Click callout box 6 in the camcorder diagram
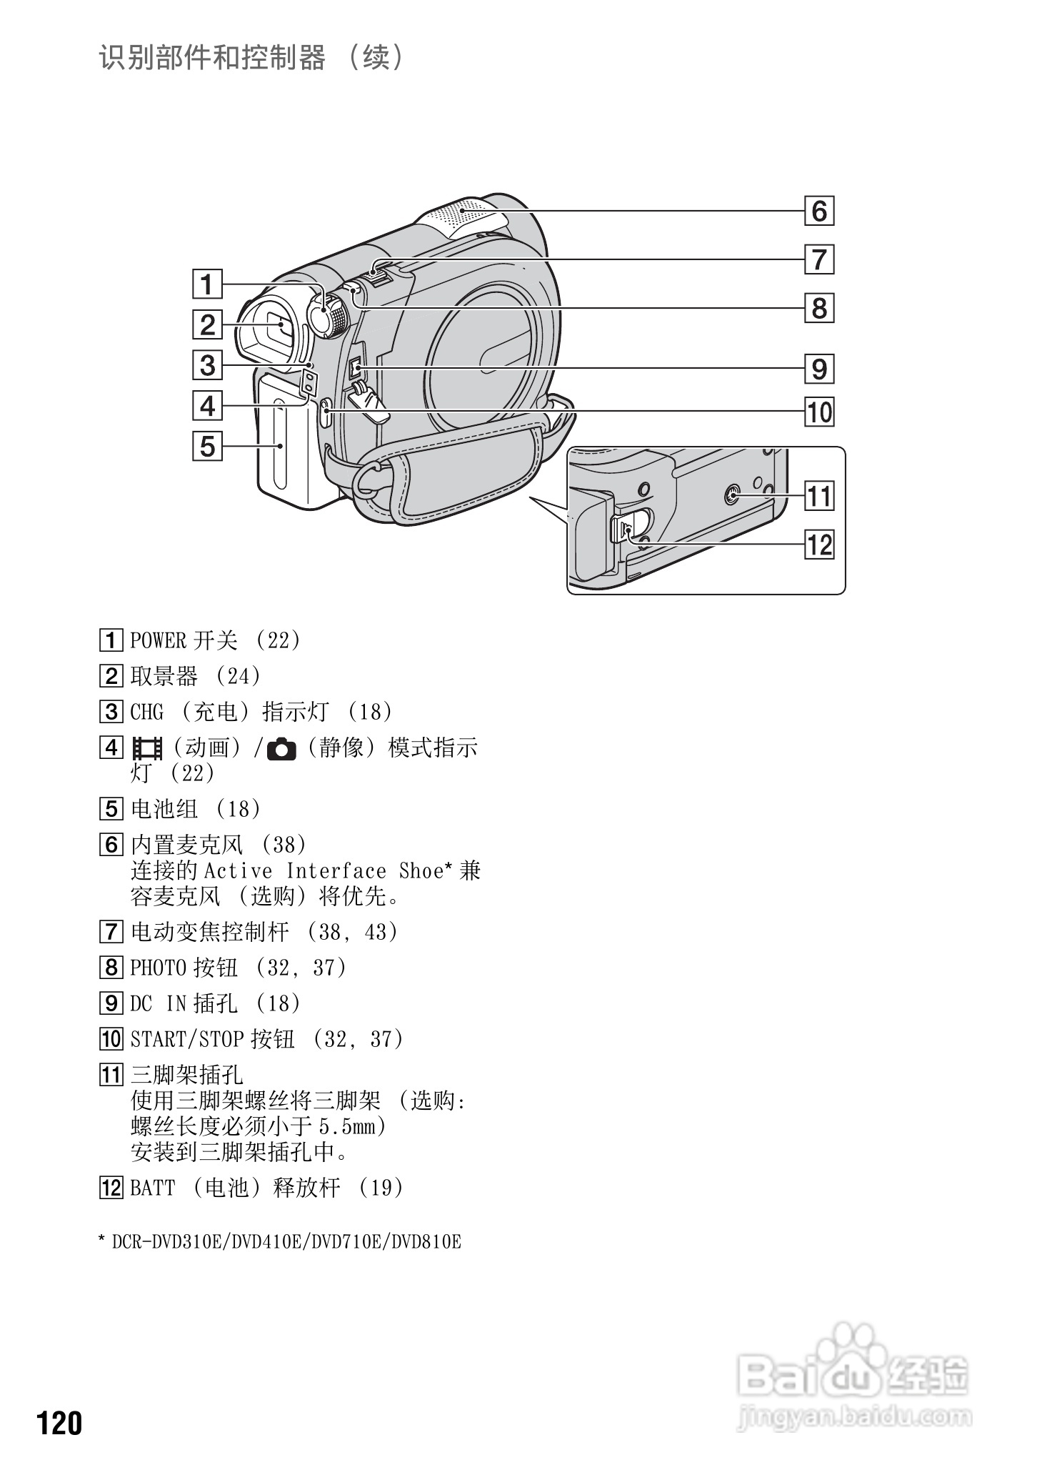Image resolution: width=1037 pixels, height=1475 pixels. (x=819, y=211)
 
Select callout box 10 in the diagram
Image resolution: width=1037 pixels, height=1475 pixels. (x=819, y=412)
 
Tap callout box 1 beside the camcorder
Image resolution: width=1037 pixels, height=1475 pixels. (x=207, y=284)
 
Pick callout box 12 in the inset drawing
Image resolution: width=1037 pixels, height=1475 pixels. (x=819, y=545)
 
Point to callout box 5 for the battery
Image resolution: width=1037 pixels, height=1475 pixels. (x=207, y=447)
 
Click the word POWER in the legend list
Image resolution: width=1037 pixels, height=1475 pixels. (x=157, y=640)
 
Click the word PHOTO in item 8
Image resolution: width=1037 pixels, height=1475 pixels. (x=157, y=968)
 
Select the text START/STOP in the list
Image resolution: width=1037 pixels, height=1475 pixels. (x=187, y=1039)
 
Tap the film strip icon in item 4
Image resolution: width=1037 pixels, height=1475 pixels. (x=147, y=749)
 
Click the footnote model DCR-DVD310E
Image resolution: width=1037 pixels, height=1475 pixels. (x=169, y=1242)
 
